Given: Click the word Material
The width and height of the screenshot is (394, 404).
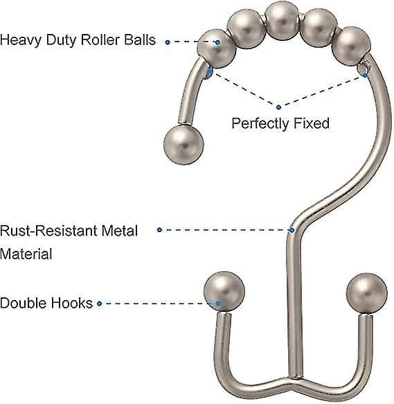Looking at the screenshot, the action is click(26, 254).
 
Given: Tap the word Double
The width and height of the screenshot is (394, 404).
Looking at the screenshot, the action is click(23, 303).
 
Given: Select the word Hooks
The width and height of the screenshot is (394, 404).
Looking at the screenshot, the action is click(71, 303).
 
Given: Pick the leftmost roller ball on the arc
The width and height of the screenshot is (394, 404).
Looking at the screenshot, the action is click(217, 49).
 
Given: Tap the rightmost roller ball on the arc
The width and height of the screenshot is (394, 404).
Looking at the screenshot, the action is click(352, 46).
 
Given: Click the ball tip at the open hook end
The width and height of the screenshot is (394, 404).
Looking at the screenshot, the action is click(183, 145).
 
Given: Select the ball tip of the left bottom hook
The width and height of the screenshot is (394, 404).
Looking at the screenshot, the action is click(224, 292).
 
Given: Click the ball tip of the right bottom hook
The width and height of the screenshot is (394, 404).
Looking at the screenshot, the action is click(366, 293).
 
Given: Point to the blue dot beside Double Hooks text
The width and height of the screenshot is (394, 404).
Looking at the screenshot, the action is click(100, 304).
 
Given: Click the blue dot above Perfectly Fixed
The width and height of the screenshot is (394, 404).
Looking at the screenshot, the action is click(278, 107).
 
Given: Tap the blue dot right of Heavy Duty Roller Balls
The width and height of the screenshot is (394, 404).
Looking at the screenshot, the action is click(168, 42).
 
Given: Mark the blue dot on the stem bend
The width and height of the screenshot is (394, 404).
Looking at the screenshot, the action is click(292, 230).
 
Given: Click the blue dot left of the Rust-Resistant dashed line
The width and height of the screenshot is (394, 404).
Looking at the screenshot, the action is click(159, 229).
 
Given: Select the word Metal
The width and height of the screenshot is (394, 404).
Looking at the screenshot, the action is click(119, 230).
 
